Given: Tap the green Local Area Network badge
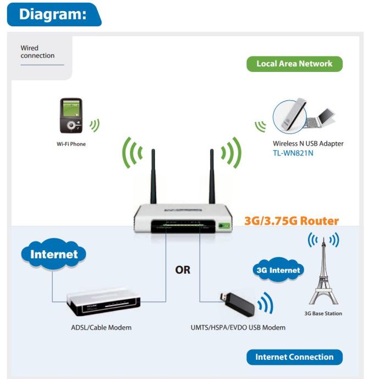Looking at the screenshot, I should point(294,64).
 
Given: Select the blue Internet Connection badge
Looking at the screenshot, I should point(294,357).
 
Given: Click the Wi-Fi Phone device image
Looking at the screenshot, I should point(70,116).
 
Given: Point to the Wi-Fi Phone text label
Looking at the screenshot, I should point(70,144).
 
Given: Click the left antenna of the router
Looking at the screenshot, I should point(153,176).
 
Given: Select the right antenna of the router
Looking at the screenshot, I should point(212,176).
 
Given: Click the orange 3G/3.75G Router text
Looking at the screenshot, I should point(291,221).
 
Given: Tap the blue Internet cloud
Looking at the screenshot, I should point(54,254).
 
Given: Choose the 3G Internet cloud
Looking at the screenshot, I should point(278,270).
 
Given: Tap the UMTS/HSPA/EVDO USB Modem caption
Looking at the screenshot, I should point(234,328).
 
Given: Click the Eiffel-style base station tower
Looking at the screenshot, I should point(323,275).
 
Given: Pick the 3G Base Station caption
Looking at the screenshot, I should point(323,314).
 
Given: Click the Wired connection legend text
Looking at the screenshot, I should point(37,52).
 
